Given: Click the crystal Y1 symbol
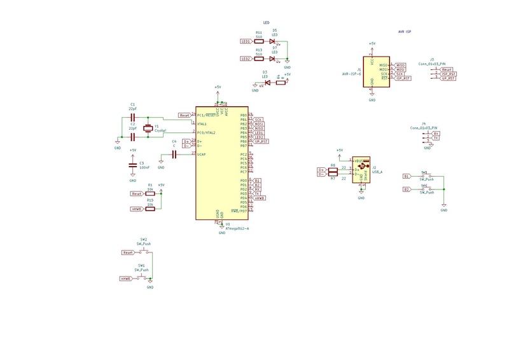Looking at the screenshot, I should [x=148, y=128].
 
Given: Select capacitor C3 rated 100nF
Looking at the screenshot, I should [x=132, y=163].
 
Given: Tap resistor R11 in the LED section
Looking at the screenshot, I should [x=259, y=41].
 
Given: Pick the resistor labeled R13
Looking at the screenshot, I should [x=259, y=59].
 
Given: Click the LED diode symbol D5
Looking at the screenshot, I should [x=272, y=41].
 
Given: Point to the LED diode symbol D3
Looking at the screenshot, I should [x=267, y=83].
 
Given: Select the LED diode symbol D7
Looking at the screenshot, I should [x=272, y=59].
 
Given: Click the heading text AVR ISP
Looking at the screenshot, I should [x=405, y=31].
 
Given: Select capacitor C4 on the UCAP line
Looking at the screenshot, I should [x=173, y=155].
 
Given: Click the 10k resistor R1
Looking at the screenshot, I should [x=150, y=193].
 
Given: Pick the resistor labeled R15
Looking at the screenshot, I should [x=150, y=208].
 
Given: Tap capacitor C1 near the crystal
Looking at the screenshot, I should [x=132, y=118].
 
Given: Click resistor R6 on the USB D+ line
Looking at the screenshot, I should [x=332, y=169].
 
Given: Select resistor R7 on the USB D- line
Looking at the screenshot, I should [x=332, y=173].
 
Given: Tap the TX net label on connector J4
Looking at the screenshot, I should [x=436, y=138].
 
